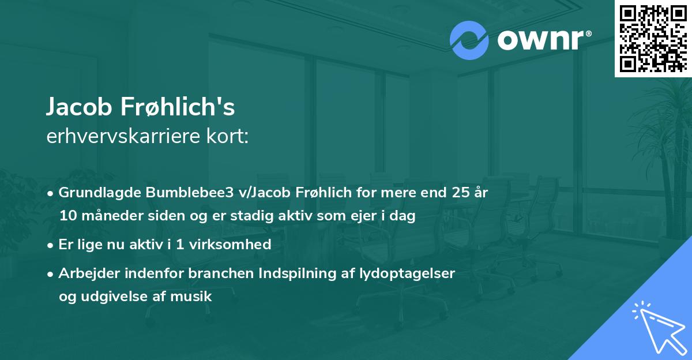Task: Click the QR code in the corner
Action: [653, 38]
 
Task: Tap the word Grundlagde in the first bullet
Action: [93, 193]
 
